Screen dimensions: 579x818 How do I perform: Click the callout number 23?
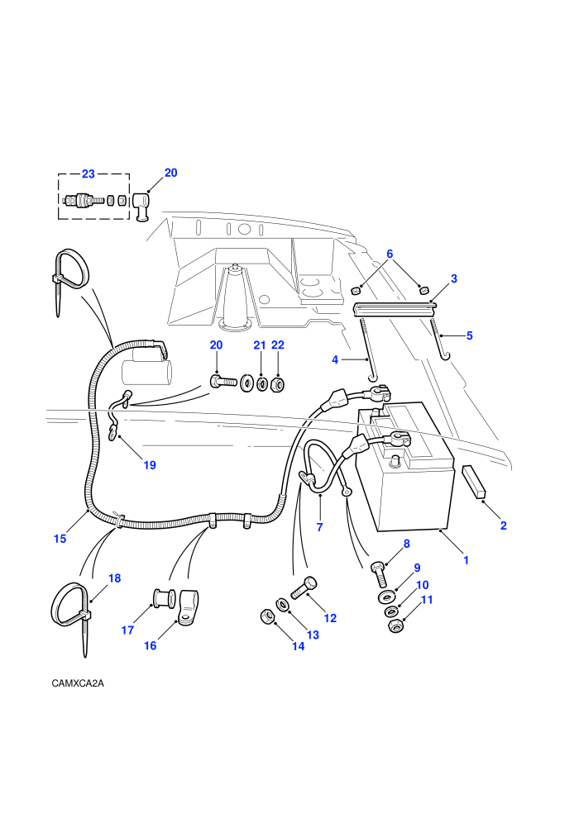pos(89,174)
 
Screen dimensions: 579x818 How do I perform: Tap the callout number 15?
pos(60,539)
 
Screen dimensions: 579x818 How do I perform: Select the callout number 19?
pos(150,465)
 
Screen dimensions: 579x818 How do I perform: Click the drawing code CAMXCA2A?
pos(78,683)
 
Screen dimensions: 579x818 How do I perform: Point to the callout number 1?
pos(467,560)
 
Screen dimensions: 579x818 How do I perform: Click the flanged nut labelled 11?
pos(396,626)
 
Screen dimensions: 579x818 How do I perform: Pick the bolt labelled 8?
pos(380,574)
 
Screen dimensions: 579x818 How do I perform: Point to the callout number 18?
pos(114,578)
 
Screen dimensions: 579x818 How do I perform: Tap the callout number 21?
pos(260,345)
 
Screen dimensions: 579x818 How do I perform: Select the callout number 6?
pos(390,254)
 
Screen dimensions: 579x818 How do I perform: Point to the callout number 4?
pos(335,359)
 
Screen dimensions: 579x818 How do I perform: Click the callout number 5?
pos(469,335)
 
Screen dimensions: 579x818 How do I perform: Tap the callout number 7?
pos(319,527)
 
